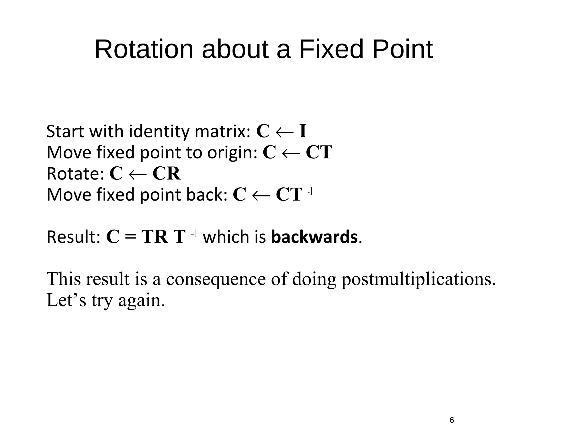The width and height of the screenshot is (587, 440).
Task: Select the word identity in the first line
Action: (159, 131)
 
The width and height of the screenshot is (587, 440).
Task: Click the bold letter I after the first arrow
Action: (303, 131)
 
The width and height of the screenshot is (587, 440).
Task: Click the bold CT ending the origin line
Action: (319, 152)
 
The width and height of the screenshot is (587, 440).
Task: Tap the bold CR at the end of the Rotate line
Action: (167, 174)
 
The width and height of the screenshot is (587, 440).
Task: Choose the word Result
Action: (73, 237)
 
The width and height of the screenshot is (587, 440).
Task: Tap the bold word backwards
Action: (314, 237)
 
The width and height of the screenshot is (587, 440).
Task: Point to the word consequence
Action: (216, 279)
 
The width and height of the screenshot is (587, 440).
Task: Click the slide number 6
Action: (452, 420)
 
